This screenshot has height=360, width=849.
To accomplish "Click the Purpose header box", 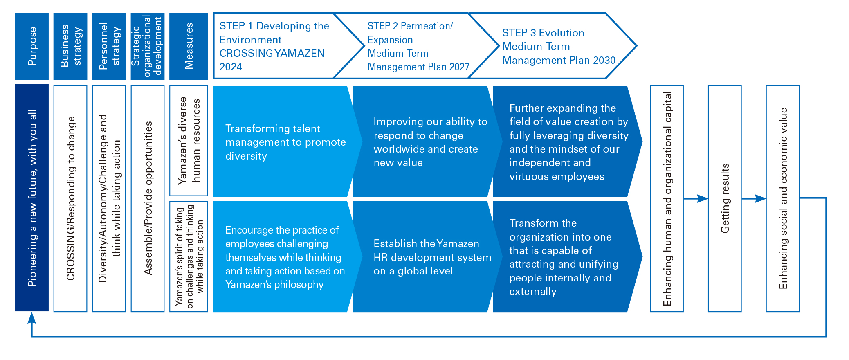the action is (x=31, y=46).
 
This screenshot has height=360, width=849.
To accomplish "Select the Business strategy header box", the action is (x=70, y=46).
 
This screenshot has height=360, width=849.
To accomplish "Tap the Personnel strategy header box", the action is (x=109, y=46).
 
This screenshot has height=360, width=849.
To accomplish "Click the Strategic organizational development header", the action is (x=148, y=46).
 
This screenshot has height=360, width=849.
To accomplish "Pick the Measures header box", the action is (x=189, y=46).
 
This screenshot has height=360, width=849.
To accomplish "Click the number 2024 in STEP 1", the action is (x=231, y=67).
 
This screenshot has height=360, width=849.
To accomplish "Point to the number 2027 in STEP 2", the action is (x=459, y=67).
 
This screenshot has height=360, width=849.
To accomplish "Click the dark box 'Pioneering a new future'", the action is (x=31, y=198).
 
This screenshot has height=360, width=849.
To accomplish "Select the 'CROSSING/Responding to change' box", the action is (x=70, y=198).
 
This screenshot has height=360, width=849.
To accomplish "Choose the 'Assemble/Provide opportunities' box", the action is (x=148, y=198).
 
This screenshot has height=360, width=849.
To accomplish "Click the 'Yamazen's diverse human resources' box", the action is (x=189, y=140).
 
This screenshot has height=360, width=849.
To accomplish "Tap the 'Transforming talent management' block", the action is (x=286, y=142).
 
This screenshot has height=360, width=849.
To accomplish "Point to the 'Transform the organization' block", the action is (x=566, y=256).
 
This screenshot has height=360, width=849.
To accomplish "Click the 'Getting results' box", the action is (x=725, y=198).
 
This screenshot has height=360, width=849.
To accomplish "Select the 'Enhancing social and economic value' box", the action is (x=783, y=198).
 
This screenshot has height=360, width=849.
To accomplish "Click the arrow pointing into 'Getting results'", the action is (x=696, y=198).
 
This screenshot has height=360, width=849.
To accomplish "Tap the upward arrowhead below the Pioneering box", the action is (x=31, y=318).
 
